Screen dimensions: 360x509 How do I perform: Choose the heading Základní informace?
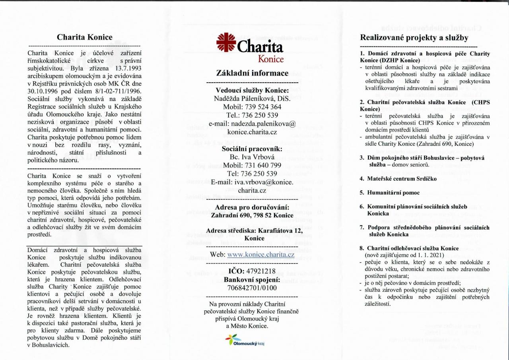click(x=252, y=73)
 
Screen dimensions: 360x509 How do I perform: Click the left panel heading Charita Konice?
click(x=84, y=37)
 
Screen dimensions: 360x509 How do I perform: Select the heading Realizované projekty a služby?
click(x=414, y=38)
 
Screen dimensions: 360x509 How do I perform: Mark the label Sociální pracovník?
click(x=252, y=149)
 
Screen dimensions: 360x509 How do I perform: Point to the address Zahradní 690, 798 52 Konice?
click(x=252, y=215)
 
